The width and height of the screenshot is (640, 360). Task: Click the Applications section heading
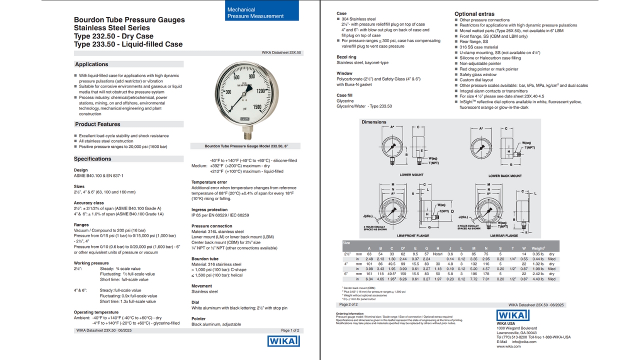point(91,64)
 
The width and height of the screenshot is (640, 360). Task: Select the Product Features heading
point(97,124)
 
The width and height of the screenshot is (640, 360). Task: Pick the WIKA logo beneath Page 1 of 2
point(283,341)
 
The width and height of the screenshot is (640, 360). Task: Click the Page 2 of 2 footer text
point(348,304)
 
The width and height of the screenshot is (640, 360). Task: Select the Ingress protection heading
point(209,210)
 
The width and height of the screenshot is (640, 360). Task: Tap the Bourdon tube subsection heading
point(205,259)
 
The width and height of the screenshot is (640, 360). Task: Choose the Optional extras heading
point(474,14)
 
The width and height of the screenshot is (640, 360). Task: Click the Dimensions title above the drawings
point(374,122)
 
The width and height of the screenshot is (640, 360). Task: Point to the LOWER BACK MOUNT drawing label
point(504,176)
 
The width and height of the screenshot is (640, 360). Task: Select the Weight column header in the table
point(538,248)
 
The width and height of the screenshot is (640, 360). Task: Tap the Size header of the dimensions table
point(346,242)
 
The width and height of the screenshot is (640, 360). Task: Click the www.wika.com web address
point(509,346)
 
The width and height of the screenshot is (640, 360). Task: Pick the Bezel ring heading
point(346,57)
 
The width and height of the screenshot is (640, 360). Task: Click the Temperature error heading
point(209,182)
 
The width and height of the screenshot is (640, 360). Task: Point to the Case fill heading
point(344,95)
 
